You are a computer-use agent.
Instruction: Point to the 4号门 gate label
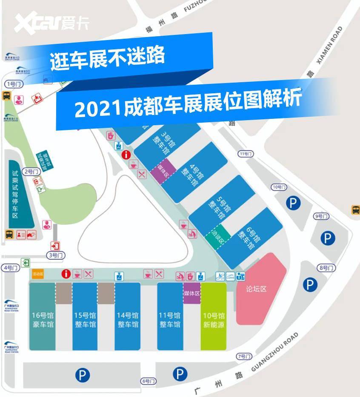(11, 268)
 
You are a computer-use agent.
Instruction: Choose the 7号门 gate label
(244, 356)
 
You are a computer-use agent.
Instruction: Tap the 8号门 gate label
(327, 268)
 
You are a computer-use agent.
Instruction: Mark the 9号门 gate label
(321, 216)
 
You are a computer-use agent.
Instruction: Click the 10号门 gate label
(279, 187)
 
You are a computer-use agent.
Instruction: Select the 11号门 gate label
(246, 154)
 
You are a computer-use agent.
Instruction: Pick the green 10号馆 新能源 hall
(213, 319)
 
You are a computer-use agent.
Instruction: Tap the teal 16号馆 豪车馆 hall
(43, 319)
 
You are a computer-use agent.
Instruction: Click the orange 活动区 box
(38, 274)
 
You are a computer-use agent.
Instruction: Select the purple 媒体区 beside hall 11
(191, 293)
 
